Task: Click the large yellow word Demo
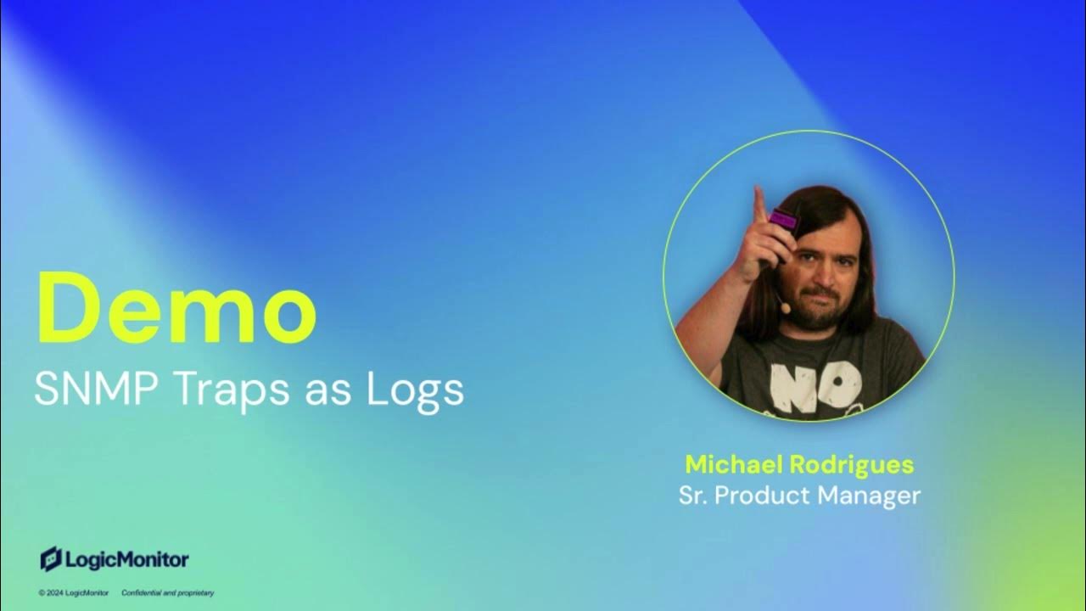click(x=176, y=309)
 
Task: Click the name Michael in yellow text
click(x=735, y=465)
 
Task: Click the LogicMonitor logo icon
click(x=51, y=558)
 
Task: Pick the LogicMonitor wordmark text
click(x=126, y=559)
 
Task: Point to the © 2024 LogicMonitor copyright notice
click(x=74, y=592)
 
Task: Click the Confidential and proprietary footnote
click(x=167, y=592)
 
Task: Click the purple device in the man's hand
click(x=784, y=221)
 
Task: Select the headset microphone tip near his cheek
click(x=787, y=308)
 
